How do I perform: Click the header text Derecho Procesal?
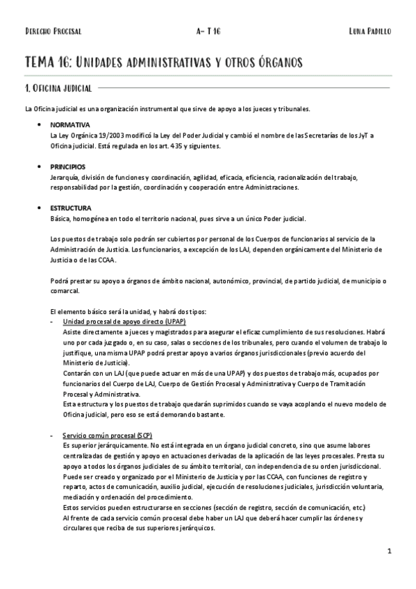[x=53, y=32]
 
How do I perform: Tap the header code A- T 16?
[x=208, y=32]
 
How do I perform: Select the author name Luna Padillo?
[x=370, y=32]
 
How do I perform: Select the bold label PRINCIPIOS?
[x=67, y=167]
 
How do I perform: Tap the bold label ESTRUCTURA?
[x=70, y=208]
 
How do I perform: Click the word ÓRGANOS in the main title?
[x=278, y=63]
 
